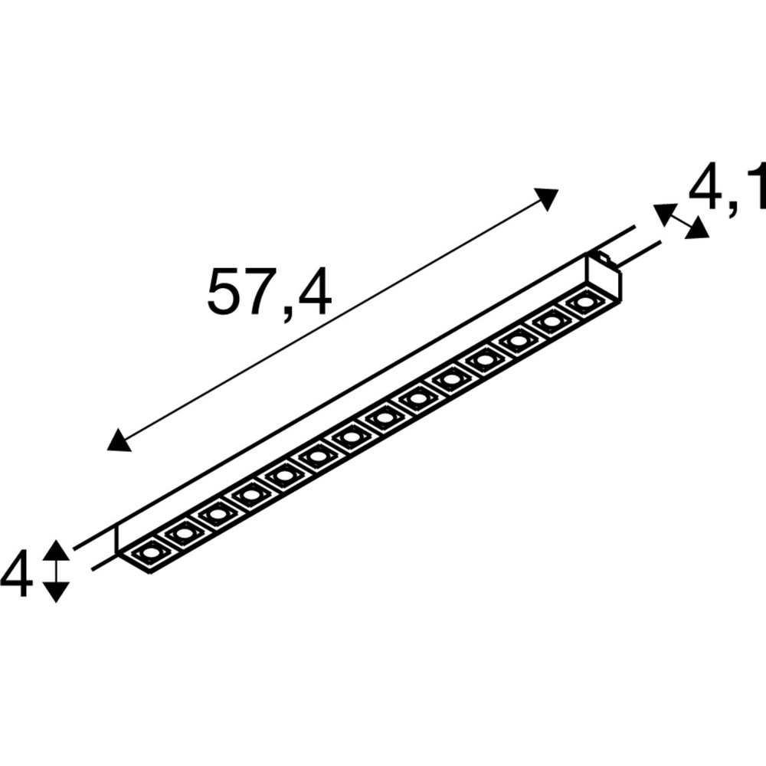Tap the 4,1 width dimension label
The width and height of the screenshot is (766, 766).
tap(726, 189)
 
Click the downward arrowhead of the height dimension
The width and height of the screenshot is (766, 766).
tap(56, 591)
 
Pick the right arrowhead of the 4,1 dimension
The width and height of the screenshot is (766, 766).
tap(696, 228)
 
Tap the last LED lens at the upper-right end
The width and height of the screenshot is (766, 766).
tap(584, 302)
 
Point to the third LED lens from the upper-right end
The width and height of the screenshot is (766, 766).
tap(518, 340)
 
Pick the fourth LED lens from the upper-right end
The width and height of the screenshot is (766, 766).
tap(484, 359)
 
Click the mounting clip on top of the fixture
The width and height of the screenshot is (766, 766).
tap(605, 260)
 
